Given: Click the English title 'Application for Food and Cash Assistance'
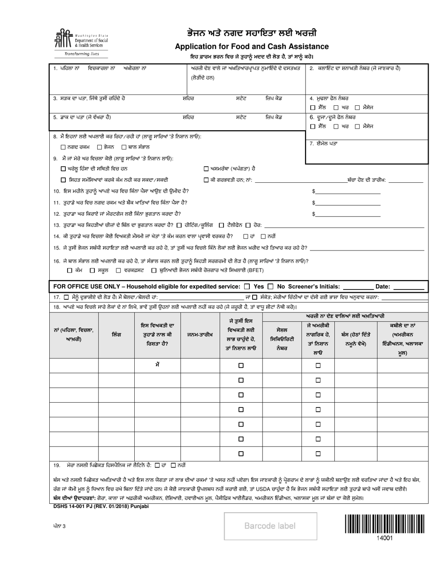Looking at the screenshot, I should (252, 47).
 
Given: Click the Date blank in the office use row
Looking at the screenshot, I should (408, 287).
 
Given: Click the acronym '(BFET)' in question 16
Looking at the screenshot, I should (254, 270).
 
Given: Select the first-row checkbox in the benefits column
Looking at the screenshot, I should (241, 365).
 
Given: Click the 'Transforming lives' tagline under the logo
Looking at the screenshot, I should (81, 54).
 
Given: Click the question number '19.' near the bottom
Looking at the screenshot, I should (57, 465).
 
